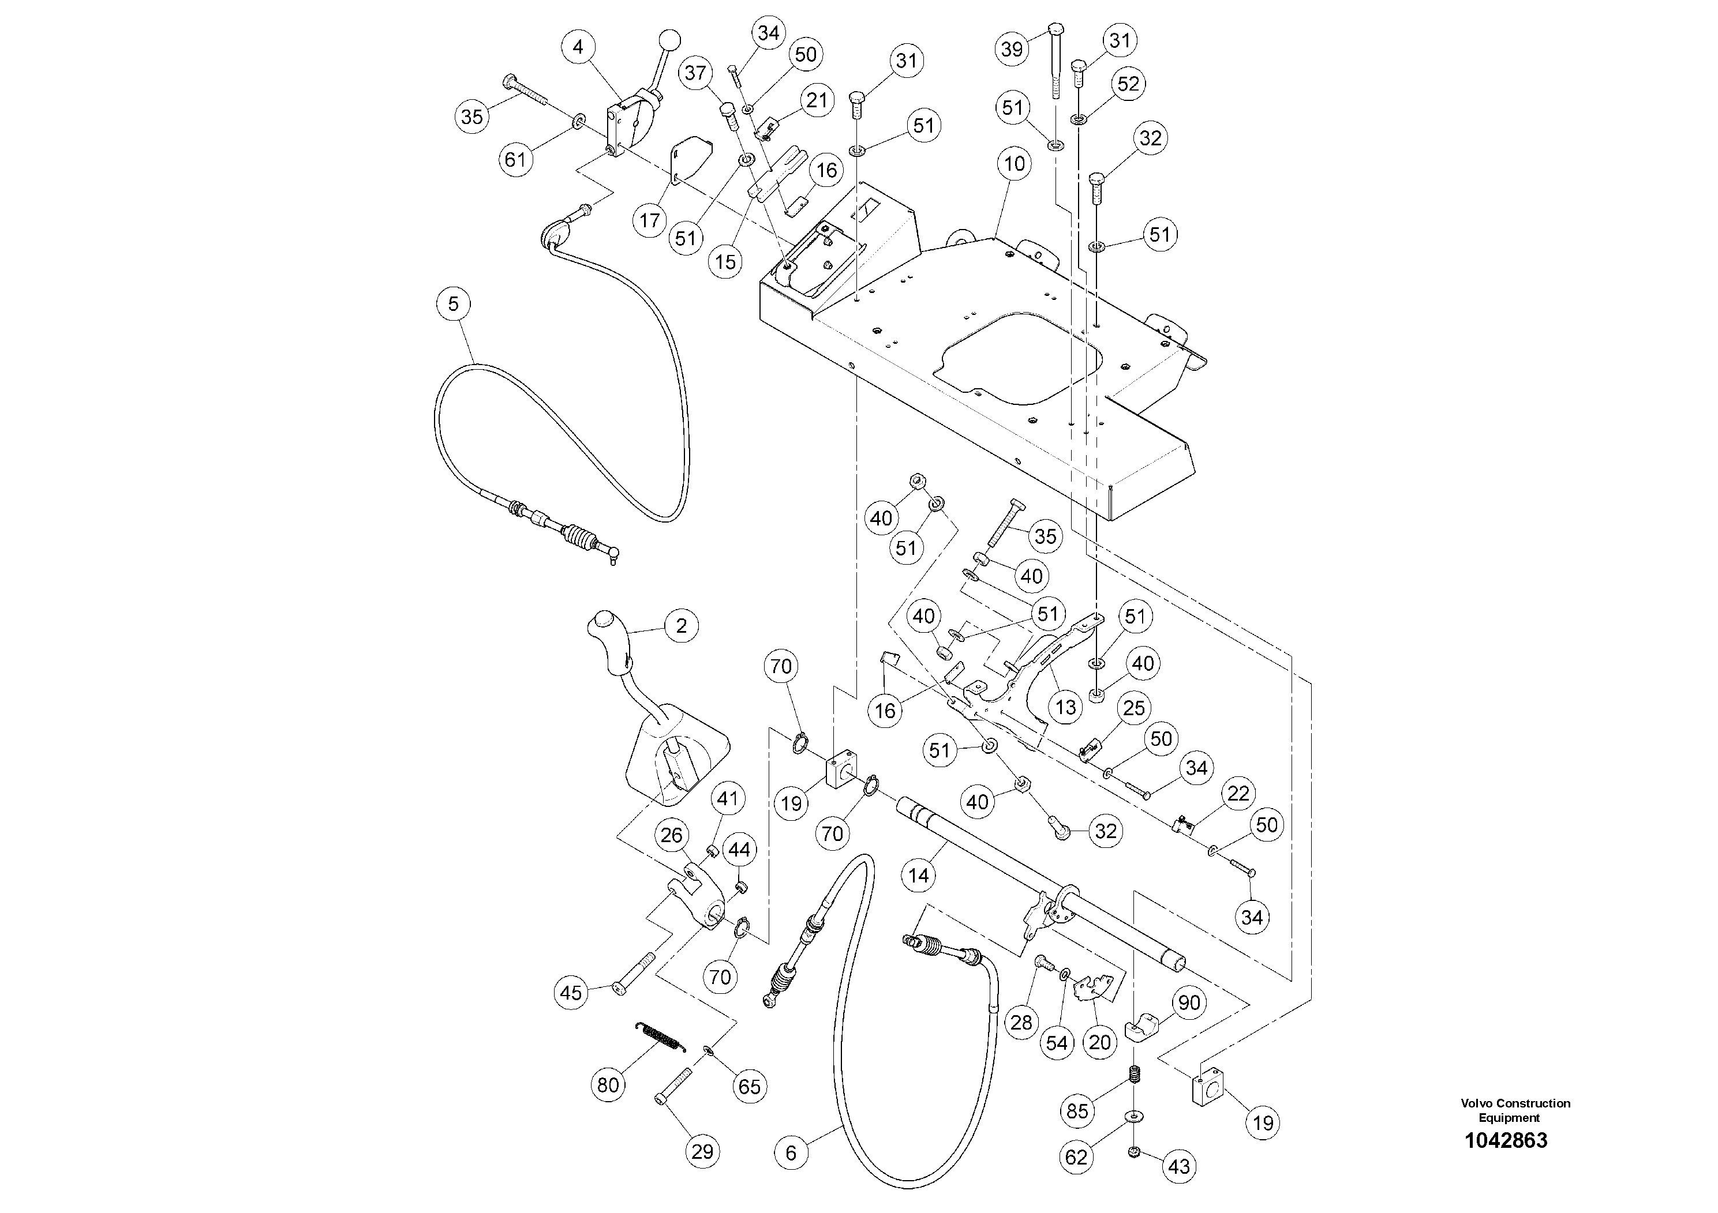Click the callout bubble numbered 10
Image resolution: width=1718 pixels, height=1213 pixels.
1014,164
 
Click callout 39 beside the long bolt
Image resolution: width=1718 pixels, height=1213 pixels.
1012,50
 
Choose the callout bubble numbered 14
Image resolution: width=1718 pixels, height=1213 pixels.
918,876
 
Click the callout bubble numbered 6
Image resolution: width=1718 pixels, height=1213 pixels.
791,1152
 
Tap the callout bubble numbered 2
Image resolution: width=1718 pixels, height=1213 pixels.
681,625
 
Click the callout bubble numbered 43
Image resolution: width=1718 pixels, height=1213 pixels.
1178,1167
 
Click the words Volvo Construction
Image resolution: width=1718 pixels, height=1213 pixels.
1515,1103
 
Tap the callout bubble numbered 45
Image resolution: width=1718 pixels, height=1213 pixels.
571,993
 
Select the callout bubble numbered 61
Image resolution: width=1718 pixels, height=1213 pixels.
515,159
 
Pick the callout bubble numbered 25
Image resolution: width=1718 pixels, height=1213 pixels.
1135,708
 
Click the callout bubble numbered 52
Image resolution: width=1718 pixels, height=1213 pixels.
1128,83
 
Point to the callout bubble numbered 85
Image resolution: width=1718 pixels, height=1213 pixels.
1077,1111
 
